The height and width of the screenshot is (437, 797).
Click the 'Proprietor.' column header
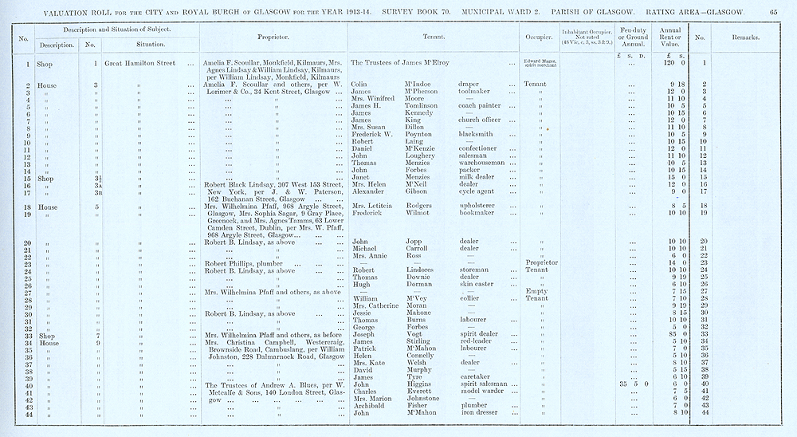coord(273,37)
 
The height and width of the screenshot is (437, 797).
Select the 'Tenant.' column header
coord(432,37)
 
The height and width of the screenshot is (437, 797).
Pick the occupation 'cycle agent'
coord(479,191)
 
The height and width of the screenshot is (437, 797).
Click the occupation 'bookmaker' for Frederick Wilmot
coord(479,214)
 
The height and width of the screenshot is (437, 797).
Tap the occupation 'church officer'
coord(483,120)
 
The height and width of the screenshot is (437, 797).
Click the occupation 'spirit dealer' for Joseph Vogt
coord(481,333)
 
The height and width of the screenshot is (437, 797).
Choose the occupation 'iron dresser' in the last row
coord(481,413)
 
